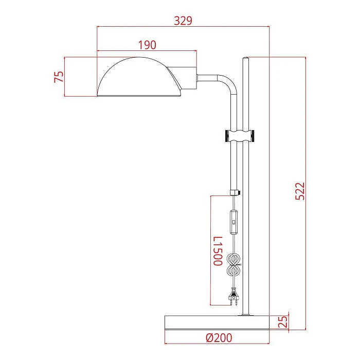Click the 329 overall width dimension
pyautogui.click(x=183, y=21)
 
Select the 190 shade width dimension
pyautogui.click(x=147, y=45)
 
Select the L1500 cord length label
pyautogui.click(x=218, y=250)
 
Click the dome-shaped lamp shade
pyautogui.click(x=136, y=80)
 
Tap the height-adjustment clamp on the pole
pyautogui.click(x=241, y=136)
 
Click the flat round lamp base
pyautogui.click(x=217, y=322)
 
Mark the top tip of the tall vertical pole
pyautogui.click(x=246, y=59)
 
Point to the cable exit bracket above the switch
pyautogui.click(x=235, y=193)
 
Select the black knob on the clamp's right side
pyautogui.click(x=255, y=136)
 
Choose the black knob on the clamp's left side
pyautogui.click(x=227, y=136)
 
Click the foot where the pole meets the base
pyautogui.click(x=246, y=314)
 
